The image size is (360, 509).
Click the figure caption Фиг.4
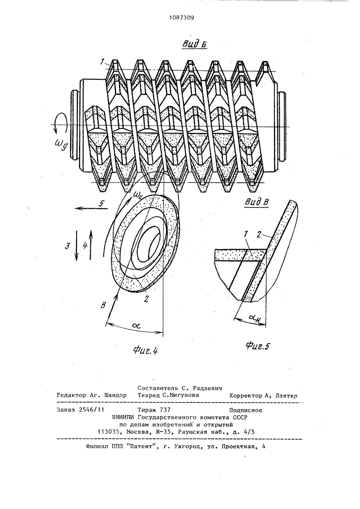pyautogui.click(x=145, y=351)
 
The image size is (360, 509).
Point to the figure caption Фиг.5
pyautogui.click(x=258, y=346)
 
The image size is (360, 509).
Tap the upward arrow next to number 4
pyautogui.click(x=91, y=246)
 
